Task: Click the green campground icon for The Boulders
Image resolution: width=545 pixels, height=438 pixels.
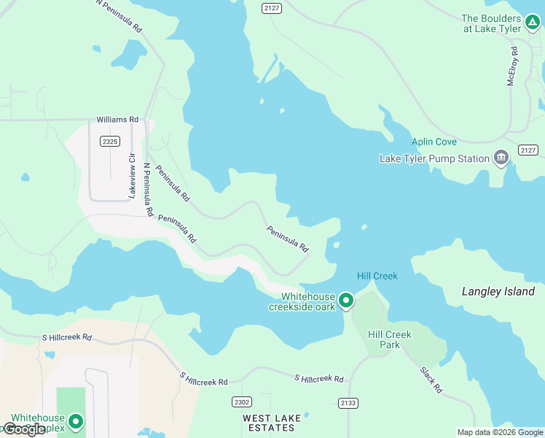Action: [x=532, y=22]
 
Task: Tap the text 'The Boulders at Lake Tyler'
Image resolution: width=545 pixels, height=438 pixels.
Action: [x=492, y=23]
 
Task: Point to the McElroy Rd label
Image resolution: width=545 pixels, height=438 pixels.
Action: [x=513, y=66]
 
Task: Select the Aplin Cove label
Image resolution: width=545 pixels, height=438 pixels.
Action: [x=434, y=142]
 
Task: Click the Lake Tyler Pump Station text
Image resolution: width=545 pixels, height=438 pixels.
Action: [x=434, y=158]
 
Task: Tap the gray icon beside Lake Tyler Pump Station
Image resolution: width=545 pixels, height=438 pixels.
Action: [x=501, y=157]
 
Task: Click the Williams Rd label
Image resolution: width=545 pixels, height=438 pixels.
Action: [x=117, y=119]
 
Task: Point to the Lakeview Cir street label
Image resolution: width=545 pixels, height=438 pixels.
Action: [x=132, y=176]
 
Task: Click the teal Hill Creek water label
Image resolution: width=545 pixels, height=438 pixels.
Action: [x=377, y=276]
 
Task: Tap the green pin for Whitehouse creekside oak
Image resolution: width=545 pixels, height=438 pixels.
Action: [x=346, y=300]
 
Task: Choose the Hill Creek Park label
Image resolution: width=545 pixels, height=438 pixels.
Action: [x=390, y=339]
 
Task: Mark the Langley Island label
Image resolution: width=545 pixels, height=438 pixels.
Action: [x=498, y=291]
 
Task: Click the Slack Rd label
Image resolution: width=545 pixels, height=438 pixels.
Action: [x=431, y=380]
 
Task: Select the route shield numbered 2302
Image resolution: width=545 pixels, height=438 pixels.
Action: [x=242, y=402]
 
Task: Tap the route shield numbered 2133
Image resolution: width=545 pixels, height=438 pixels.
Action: [x=348, y=402]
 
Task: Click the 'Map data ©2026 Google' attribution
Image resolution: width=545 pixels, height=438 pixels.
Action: [x=500, y=432]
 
